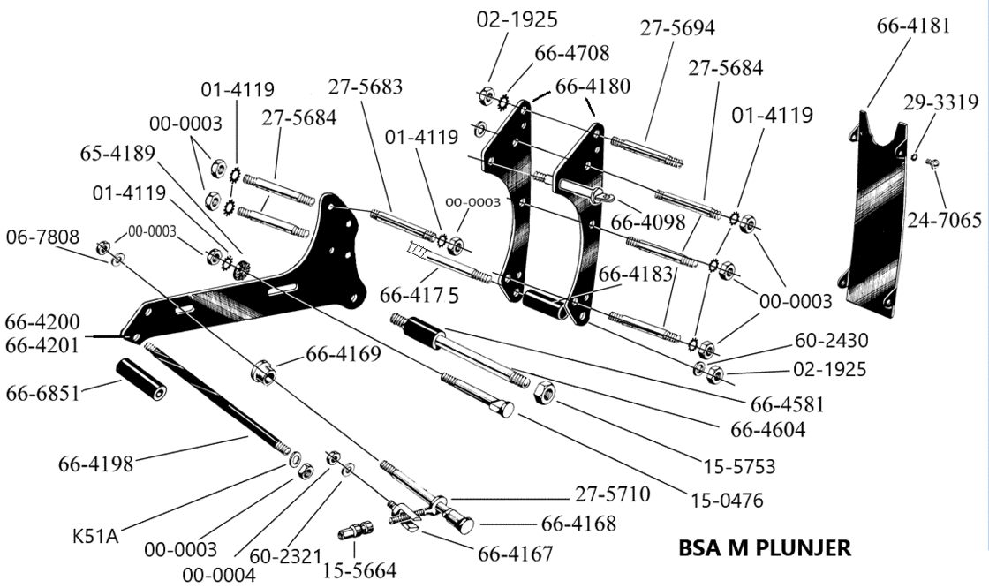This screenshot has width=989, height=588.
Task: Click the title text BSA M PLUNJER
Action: tap(765, 547)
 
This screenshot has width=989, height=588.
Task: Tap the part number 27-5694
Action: tap(678, 29)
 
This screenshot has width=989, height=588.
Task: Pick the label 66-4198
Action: tap(95, 462)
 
